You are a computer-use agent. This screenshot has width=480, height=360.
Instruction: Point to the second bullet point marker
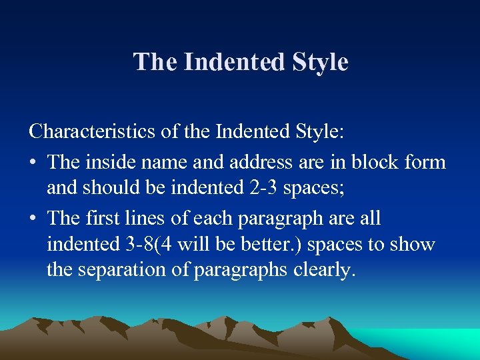[x=33, y=219]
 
